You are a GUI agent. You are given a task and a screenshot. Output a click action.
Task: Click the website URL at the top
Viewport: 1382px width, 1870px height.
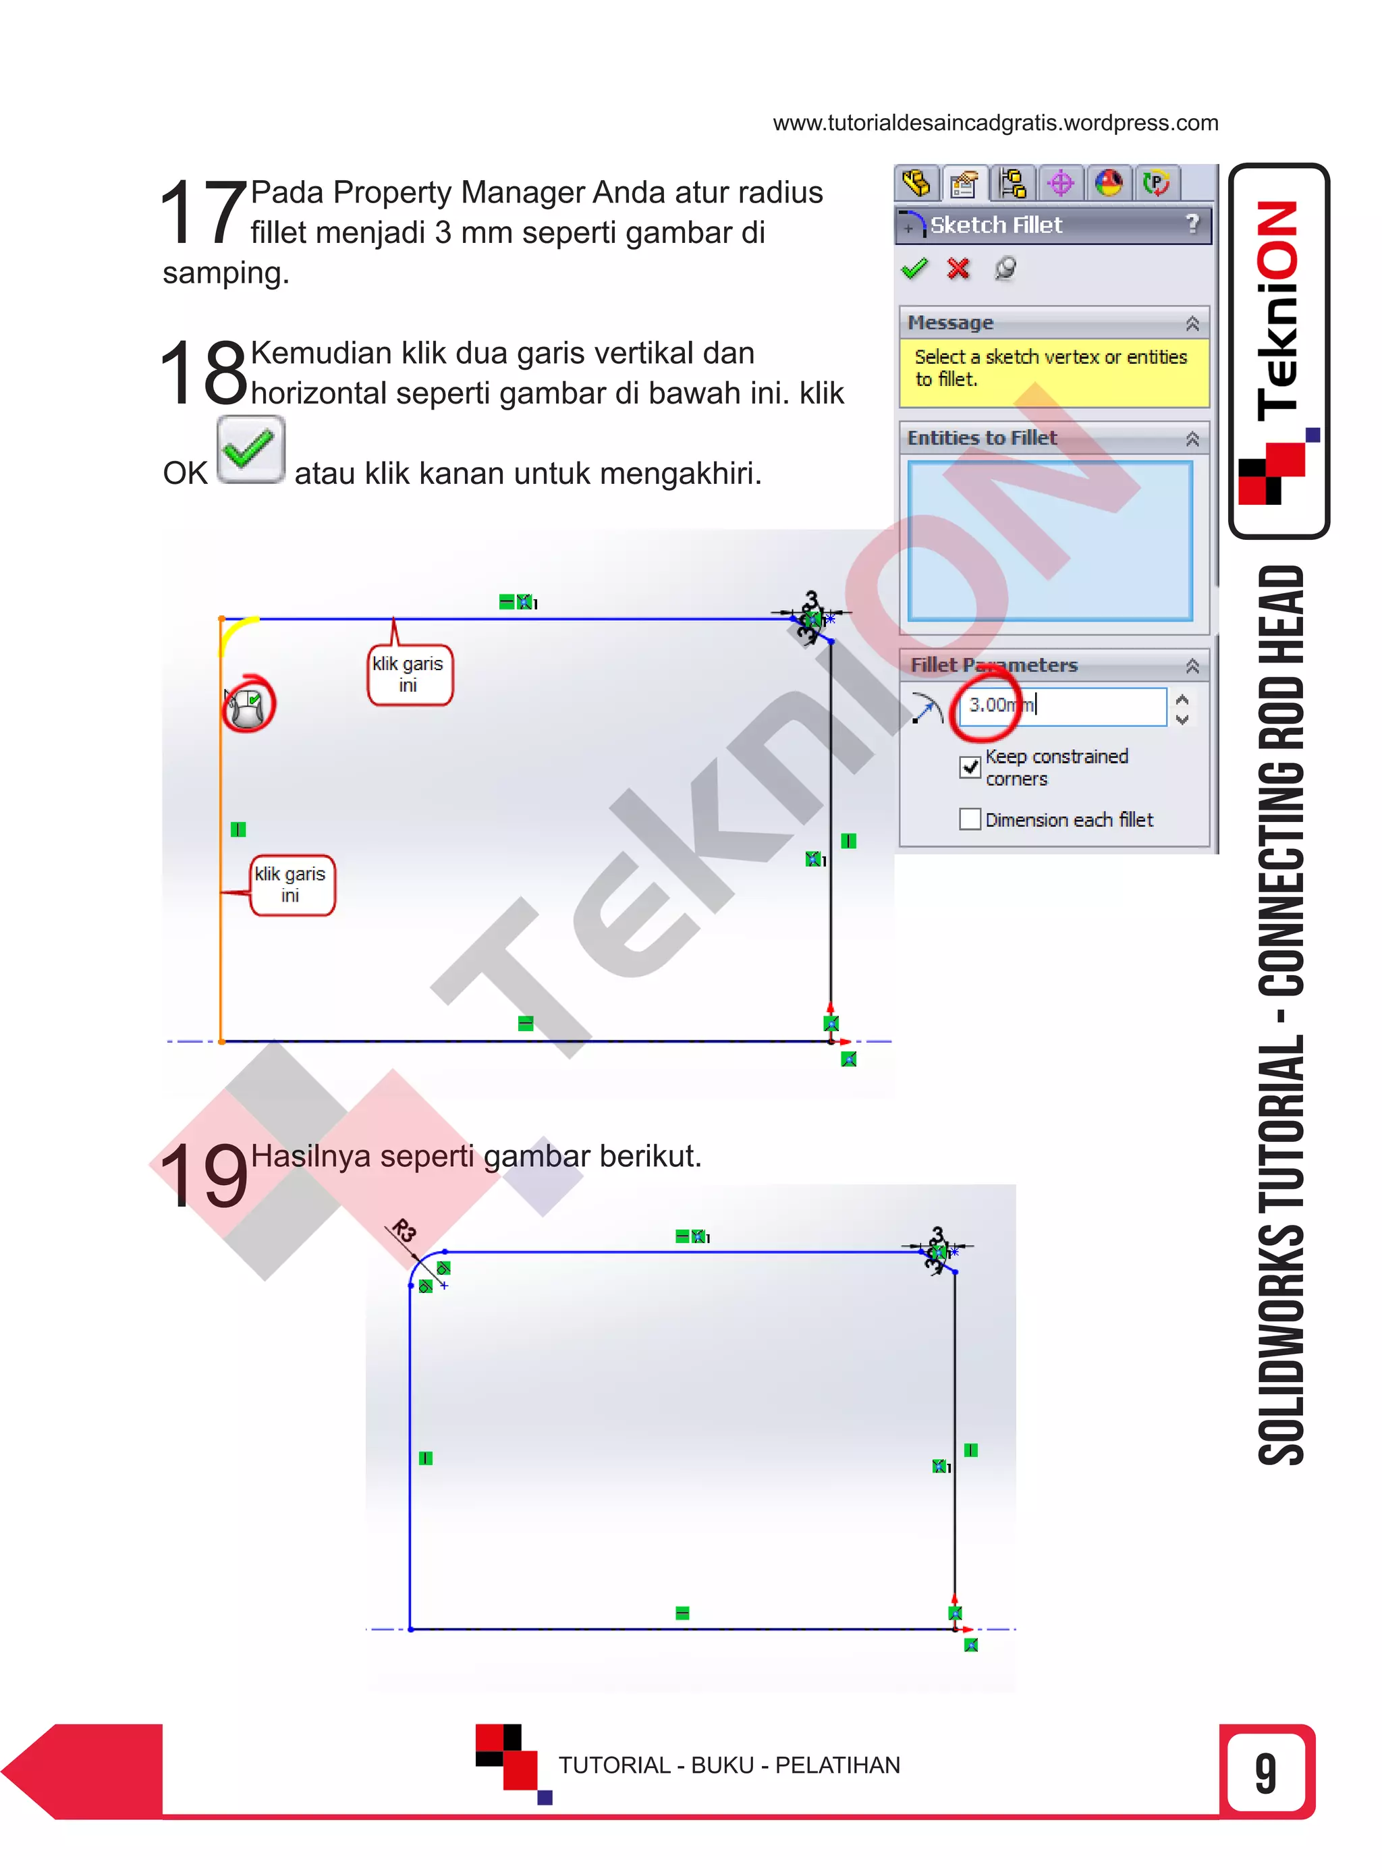995,123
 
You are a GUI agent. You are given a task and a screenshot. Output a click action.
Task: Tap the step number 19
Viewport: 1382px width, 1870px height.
203,1176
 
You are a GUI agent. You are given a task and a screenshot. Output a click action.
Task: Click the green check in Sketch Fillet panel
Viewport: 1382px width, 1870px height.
914,269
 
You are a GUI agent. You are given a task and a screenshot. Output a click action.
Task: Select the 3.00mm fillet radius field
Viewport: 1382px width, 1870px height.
1061,705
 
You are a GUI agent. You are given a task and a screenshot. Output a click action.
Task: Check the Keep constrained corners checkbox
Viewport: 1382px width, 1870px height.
970,767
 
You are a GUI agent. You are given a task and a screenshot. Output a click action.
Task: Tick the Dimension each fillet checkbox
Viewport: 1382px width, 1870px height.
970,819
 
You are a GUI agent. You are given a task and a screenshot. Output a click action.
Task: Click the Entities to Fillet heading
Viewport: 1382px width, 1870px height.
982,437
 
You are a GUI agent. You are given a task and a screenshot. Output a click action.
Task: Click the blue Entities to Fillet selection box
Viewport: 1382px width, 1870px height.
1050,541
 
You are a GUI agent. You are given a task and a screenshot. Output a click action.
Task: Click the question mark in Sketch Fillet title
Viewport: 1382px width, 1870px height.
1192,224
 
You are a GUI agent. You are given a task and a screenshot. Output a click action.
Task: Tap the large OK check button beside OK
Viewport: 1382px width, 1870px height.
250,449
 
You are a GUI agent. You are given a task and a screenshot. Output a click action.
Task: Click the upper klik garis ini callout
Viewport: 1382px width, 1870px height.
409,674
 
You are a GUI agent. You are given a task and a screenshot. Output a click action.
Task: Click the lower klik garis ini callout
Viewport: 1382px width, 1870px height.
291,884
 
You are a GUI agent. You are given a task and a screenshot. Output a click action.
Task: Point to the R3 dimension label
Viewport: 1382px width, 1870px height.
404,1230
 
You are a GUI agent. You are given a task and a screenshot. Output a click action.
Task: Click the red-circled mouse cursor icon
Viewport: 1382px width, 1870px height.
248,705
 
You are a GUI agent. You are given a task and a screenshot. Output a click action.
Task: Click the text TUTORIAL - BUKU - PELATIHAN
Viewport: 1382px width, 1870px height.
729,1765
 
